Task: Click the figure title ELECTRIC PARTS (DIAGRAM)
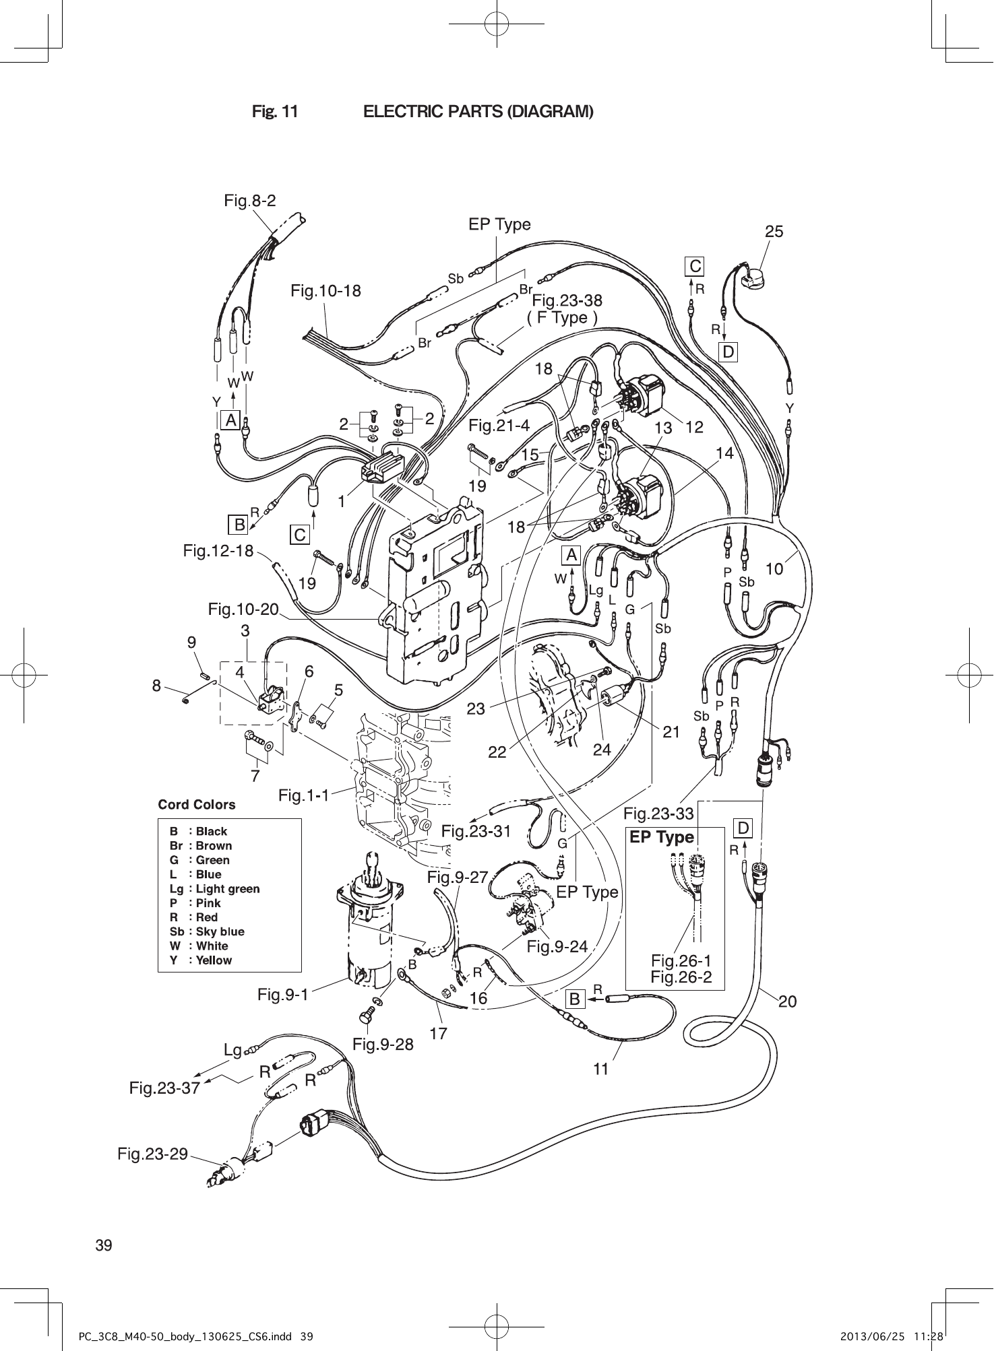coord(478,111)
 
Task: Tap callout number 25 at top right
coord(774,232)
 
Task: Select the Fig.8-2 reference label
coord(250,200)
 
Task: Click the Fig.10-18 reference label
coord(325,291)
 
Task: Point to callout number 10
coord(774,569)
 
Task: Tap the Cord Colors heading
coord(197,805)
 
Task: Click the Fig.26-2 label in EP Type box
coord(681,977)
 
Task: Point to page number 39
coord(104,1245)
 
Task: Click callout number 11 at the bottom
coord(600,1069)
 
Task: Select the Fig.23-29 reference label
coord(152,1154)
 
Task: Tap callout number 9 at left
coord(192,643)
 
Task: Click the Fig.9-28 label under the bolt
coord(383,1045)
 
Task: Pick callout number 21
coord(671,731)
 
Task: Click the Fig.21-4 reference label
coord(499,426)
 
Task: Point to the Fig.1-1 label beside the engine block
coord(304,796)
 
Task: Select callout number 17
coord(438,1032)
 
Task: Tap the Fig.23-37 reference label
coord(164,1088)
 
